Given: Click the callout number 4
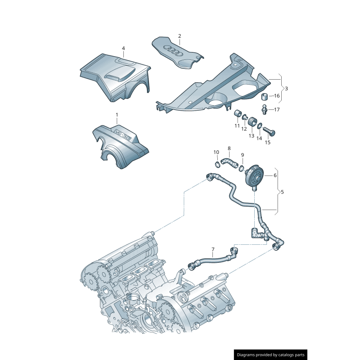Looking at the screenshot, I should (123, 48).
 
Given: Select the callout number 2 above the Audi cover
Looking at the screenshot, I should (179, 36).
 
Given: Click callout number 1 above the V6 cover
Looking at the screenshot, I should (117, 115).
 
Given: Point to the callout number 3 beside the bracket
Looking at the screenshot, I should (286, 88).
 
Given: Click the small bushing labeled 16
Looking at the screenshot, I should (265, 96).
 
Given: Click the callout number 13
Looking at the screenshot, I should (251, 135).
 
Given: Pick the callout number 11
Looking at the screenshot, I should (237, 126).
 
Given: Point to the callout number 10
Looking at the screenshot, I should (216, 152).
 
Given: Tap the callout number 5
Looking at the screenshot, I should (282, 192).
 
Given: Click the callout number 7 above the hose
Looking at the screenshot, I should (213, 249).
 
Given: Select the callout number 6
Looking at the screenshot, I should (275, 175).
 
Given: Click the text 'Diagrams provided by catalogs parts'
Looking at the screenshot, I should (271, 355).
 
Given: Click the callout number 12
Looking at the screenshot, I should (243, 129).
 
